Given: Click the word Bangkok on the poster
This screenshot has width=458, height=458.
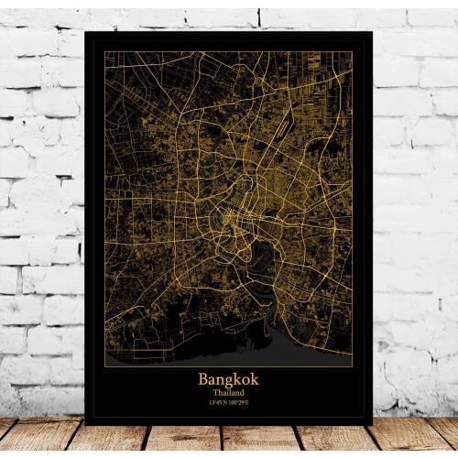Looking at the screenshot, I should pyautogui.click(x=228, y=378).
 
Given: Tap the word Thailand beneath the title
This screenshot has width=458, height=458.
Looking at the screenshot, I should pyautogui.click(x=228, y=391).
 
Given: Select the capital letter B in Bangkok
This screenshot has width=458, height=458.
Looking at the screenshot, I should pyautogui.click(x=203, y=378).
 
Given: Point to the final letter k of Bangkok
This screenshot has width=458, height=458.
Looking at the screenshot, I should pyautogui.click(x=254, y=378).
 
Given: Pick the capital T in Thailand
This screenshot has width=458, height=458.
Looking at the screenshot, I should pyautogui.click(x=214, y=391).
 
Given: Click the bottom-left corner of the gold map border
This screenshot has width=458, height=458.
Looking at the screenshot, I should pyautogui.click(x=104, y=365).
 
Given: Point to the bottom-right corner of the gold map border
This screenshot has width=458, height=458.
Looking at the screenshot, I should pyautogui.click(x=353, y=365).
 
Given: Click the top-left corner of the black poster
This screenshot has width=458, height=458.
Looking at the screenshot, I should pyautogui.click(x=84, y=31).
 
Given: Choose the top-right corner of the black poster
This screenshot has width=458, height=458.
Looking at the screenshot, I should pyautogui.click(x=373, y=31).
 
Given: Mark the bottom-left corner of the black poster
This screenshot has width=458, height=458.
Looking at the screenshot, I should pyautogui.click(x=84, y=423).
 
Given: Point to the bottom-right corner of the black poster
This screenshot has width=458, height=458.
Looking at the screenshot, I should pyautogui.click(x=373, y=423).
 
